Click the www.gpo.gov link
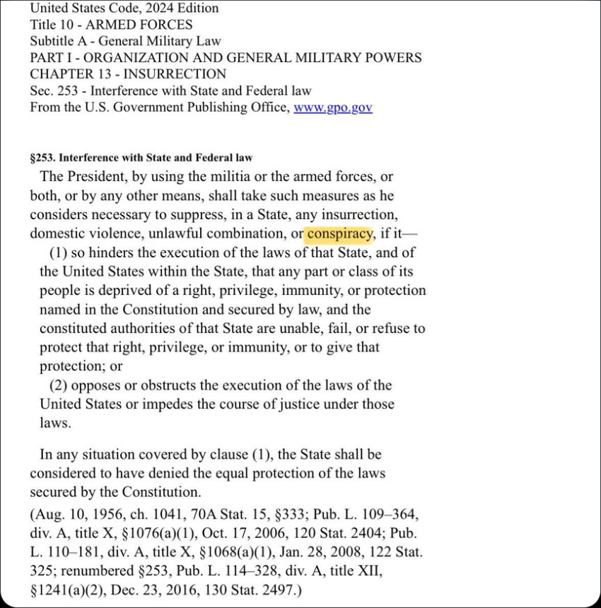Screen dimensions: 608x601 click(332, 108)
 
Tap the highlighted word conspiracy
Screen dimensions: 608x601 click(339, 233)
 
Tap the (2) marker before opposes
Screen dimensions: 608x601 click(59, 385)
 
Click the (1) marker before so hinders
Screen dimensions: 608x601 click(59, 252)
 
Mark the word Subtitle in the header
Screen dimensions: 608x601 click(53, 41)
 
